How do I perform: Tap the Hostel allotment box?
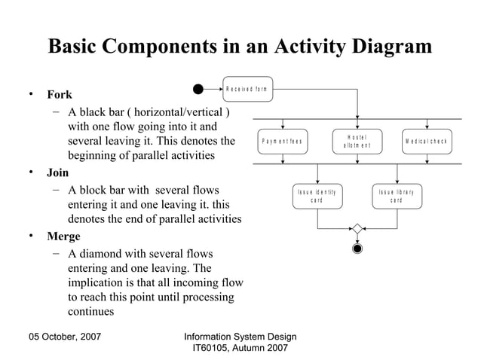[x=357, y=142]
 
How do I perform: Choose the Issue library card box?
[x=396, y=196]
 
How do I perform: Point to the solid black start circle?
[x=198, y=89]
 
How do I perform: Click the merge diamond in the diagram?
[x=357, y=229]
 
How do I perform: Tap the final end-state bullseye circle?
[x=357, y=248]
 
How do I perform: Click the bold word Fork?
[x=60, y=96]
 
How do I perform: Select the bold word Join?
[x=58, y=172]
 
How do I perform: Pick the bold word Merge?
[x=63, y=236]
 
